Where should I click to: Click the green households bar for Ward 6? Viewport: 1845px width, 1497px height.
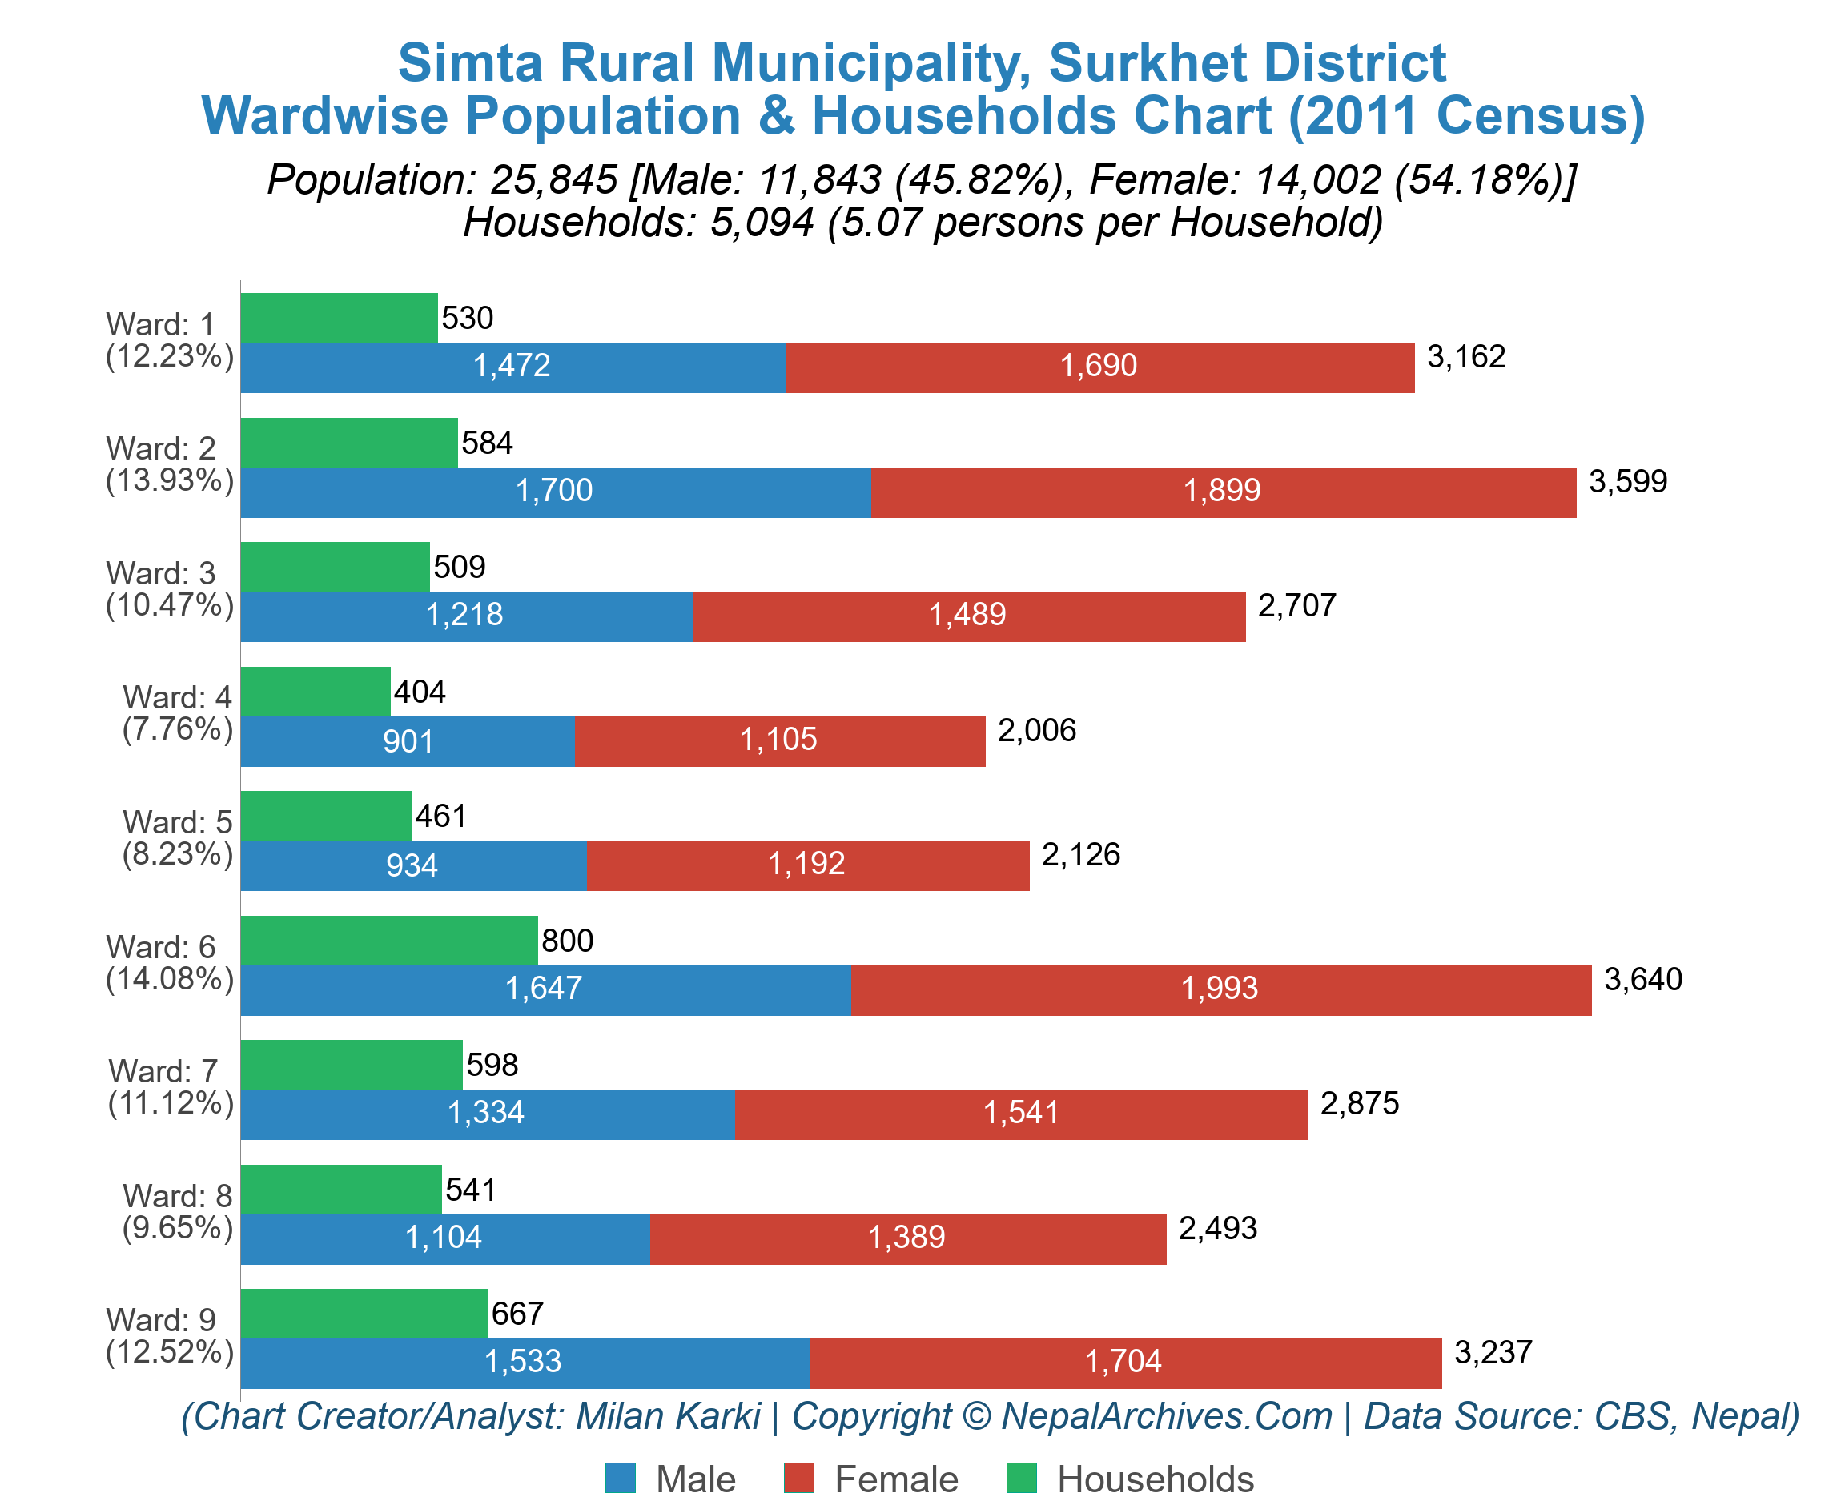point(388,940)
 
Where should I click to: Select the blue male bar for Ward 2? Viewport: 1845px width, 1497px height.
point(555,492)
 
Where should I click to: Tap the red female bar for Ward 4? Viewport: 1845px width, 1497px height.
point(779,740)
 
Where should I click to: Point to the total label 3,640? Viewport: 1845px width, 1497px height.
point(1642,979)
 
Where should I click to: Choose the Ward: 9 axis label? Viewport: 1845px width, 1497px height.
point(160,1320)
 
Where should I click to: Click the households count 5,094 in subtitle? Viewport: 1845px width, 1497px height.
point(761,223)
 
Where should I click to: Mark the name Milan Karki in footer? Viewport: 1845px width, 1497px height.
point(668,1416)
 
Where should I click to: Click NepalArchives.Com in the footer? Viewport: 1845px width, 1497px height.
point(1166,1416)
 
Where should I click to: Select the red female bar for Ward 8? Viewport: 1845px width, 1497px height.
point(906,1238)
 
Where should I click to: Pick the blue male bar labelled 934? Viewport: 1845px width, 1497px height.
point(412,865)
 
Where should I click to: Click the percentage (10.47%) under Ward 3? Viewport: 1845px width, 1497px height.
point(169,605)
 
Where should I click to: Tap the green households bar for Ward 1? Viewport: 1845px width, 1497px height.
point(338,317)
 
